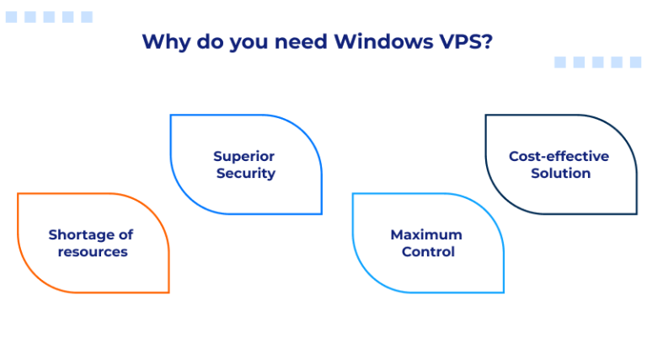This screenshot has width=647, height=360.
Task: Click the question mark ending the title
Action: point(486,42)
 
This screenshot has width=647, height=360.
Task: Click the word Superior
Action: point(243,156)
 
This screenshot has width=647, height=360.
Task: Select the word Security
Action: point(245,173)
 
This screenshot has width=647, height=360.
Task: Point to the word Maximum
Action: point(426,234)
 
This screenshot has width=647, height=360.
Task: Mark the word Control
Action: point(427,251)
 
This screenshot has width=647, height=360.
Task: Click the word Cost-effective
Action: point(559,156)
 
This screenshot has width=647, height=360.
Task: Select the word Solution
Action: point(560,173)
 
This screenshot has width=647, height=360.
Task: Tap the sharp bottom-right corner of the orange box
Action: point(168,292)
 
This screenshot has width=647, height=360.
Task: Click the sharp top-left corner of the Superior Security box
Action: point(171,116)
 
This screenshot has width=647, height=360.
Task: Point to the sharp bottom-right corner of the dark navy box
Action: point(636,213)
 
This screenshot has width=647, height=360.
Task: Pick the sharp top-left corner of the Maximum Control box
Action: point(353,194)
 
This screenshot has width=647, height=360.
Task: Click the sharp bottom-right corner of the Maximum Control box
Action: point(503,292)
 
